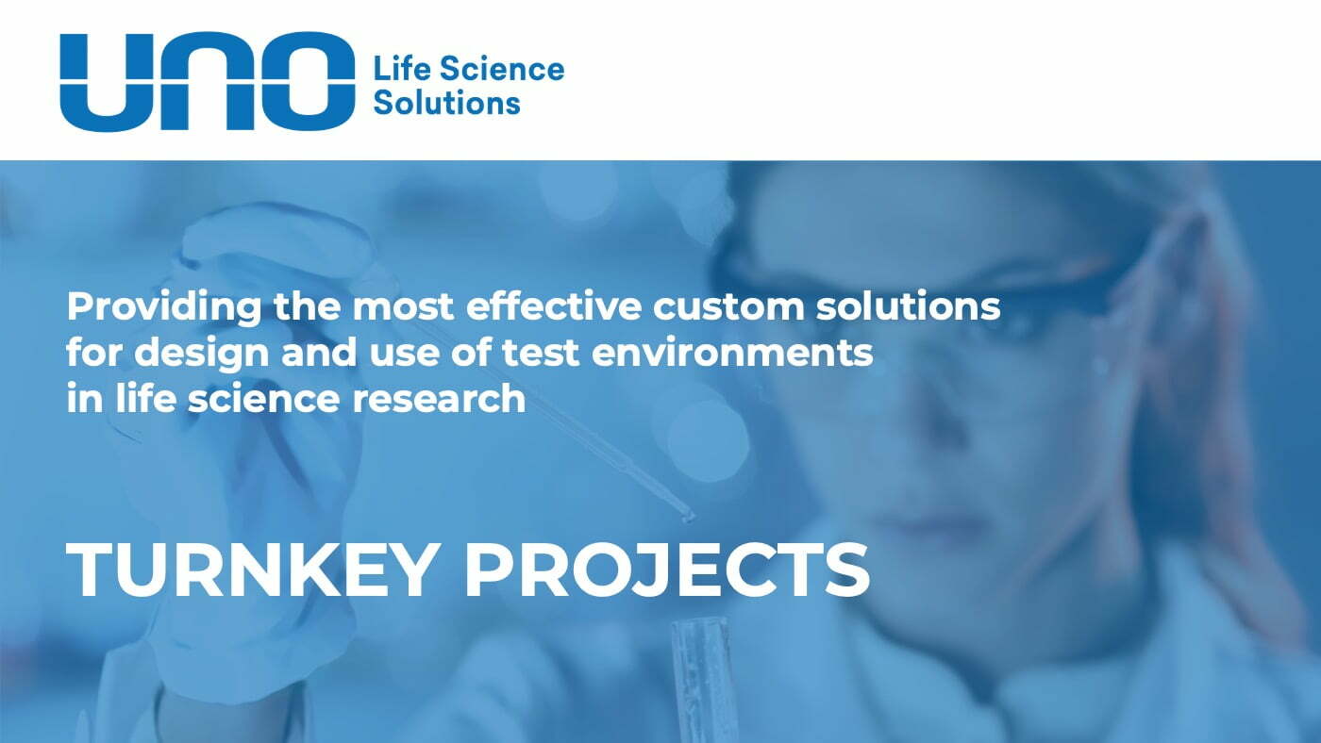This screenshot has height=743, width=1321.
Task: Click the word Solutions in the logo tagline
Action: tap(446, 102)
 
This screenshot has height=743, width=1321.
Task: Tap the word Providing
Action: tap(159, 306)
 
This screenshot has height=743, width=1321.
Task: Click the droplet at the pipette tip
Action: tap(688, 516)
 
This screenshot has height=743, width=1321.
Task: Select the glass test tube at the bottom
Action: tap(703, 679)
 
